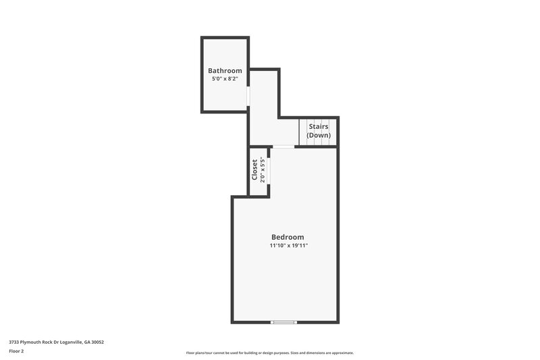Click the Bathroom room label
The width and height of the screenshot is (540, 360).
tap(225, 71)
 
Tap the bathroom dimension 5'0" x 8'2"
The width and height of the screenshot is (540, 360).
tap(225, 79)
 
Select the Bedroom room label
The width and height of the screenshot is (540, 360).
tap(288, 237)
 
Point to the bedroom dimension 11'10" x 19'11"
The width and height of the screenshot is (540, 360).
tap(288, 246)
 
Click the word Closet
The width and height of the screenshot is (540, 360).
tap(255, 170)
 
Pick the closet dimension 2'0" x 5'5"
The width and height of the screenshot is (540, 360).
tap(262, 169)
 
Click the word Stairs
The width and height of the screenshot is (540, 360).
tap(319, 126)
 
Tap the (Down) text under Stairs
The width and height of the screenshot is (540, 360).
tap(319, 135)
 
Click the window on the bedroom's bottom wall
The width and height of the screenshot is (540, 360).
tap(283, 322)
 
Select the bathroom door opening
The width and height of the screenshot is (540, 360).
tap(248, 96)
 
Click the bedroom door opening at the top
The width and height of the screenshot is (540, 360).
tap(283, 147)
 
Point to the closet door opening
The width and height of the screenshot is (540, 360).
tap(269, 170)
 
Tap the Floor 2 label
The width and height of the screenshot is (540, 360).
tap(16, 351)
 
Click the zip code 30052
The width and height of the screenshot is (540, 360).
tap(98, 342)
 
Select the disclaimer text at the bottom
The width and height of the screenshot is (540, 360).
tap(269, 353)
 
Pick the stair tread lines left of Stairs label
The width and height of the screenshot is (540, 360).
tap(304, 132)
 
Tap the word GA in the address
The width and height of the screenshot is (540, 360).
tap(88, 342)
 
